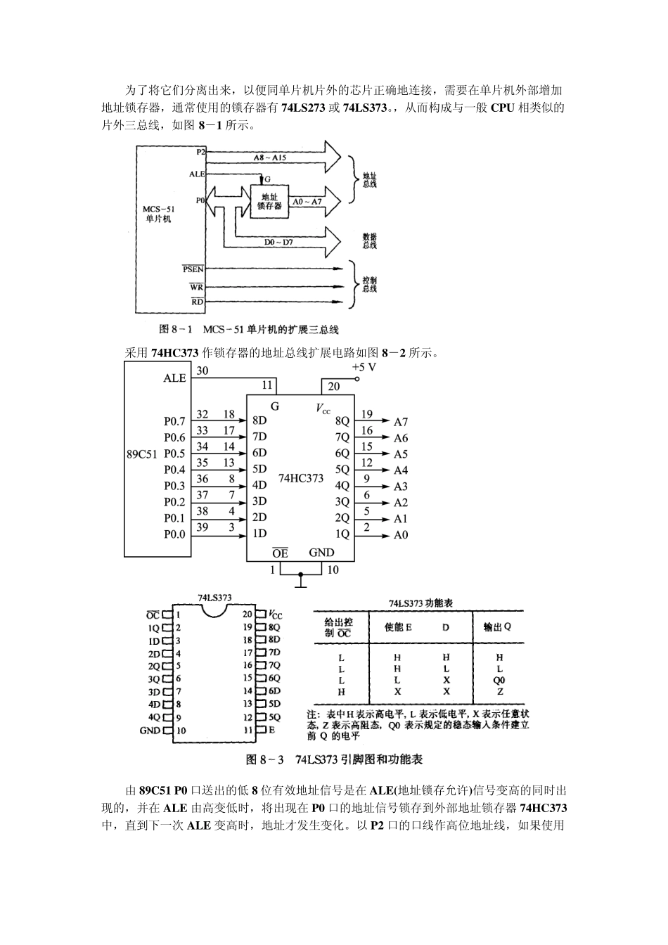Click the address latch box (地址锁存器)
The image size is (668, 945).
[270, 201]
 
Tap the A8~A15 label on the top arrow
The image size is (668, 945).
[270, 157]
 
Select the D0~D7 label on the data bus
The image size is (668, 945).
[278, 242]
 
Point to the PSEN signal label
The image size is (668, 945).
[193, 269]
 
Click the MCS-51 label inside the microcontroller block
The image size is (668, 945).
[158, 209]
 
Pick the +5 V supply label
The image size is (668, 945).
[364, 367]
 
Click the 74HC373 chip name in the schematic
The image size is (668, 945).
[301, 478]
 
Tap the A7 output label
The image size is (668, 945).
[401, 422]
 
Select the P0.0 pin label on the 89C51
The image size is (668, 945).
[174, 534]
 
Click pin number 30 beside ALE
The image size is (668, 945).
[203, 371]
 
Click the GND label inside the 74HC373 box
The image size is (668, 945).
[321, 552]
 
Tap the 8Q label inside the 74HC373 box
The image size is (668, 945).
[342, 421]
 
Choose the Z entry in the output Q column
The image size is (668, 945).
[500, 691]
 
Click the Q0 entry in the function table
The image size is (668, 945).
[499, 680]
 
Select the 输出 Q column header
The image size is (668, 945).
[498, 627]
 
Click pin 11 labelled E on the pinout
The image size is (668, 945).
[259, 729]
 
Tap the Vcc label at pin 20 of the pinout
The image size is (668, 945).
[275, 615]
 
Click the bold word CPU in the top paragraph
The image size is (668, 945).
[503, 108]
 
